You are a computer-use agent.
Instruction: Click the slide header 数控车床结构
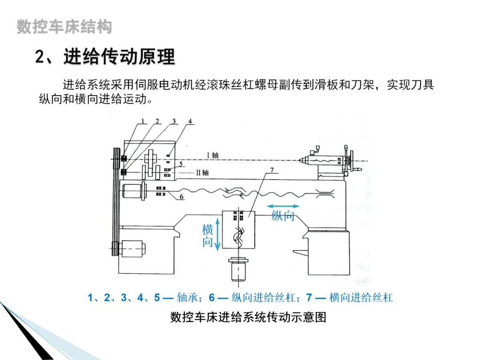[64, 27]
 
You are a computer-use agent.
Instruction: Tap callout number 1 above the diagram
[143, 121]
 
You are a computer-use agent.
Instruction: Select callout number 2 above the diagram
[157, 121]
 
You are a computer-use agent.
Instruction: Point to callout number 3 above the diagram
[174, 121]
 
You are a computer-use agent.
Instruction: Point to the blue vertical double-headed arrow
[218, 234]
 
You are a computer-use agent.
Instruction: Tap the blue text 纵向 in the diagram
[283, 216]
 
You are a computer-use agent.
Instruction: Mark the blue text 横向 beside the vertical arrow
[208, 236]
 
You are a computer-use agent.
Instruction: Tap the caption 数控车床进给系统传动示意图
[248, 317]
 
